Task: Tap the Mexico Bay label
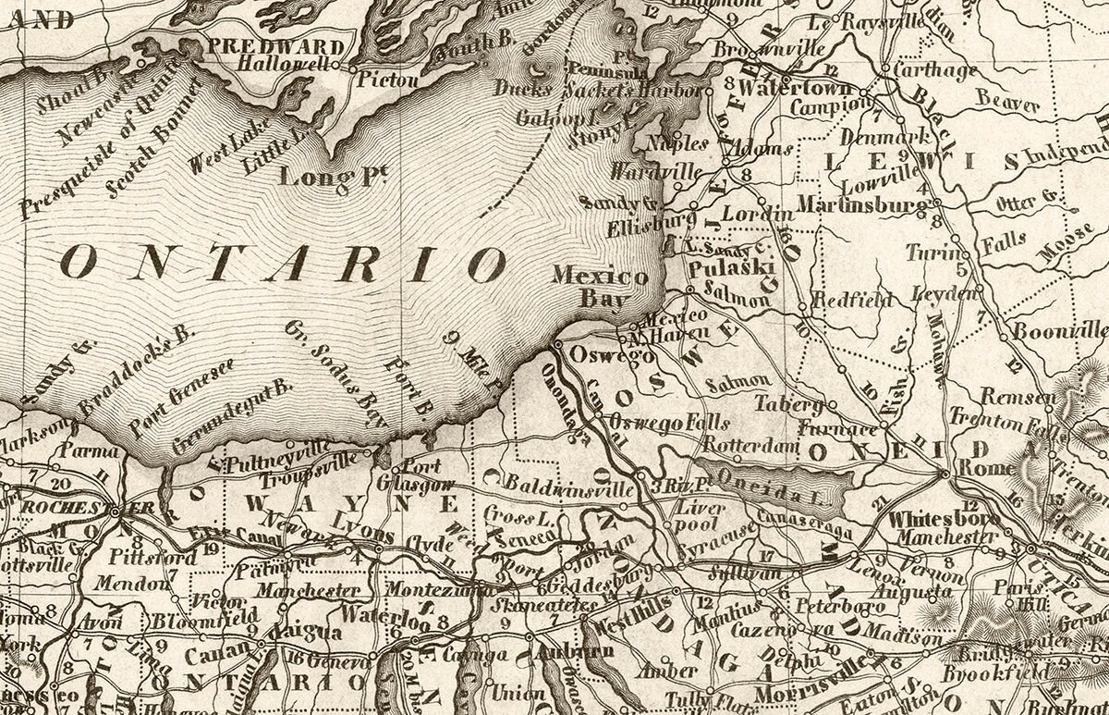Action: point(600,286)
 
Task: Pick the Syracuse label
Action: point(725,532)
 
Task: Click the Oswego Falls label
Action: point(669,424)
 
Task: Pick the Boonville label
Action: point(1060,331)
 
